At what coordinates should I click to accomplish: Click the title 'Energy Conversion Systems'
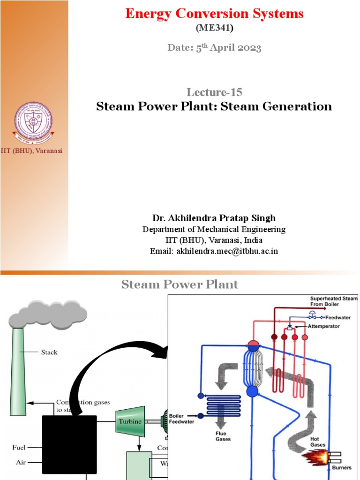[x=214, y=14]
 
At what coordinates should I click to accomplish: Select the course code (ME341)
[x=214, y=29]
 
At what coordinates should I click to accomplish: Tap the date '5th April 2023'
[x=214, y=48]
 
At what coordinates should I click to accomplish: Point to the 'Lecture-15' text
[x=214, y=92]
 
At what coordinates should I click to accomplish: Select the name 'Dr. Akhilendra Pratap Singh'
[x=214, y=218]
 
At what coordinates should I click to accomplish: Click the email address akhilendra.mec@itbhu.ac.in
[x=214, y=251]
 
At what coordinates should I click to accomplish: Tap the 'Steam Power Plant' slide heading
[x=180, y=284]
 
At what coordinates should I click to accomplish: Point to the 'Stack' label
[x=50, y=352]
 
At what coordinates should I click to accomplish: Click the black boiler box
[x=69, y=444]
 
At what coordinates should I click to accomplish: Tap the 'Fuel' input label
[x=19, y=448]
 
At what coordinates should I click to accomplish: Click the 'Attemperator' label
[x=324, y=326]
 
